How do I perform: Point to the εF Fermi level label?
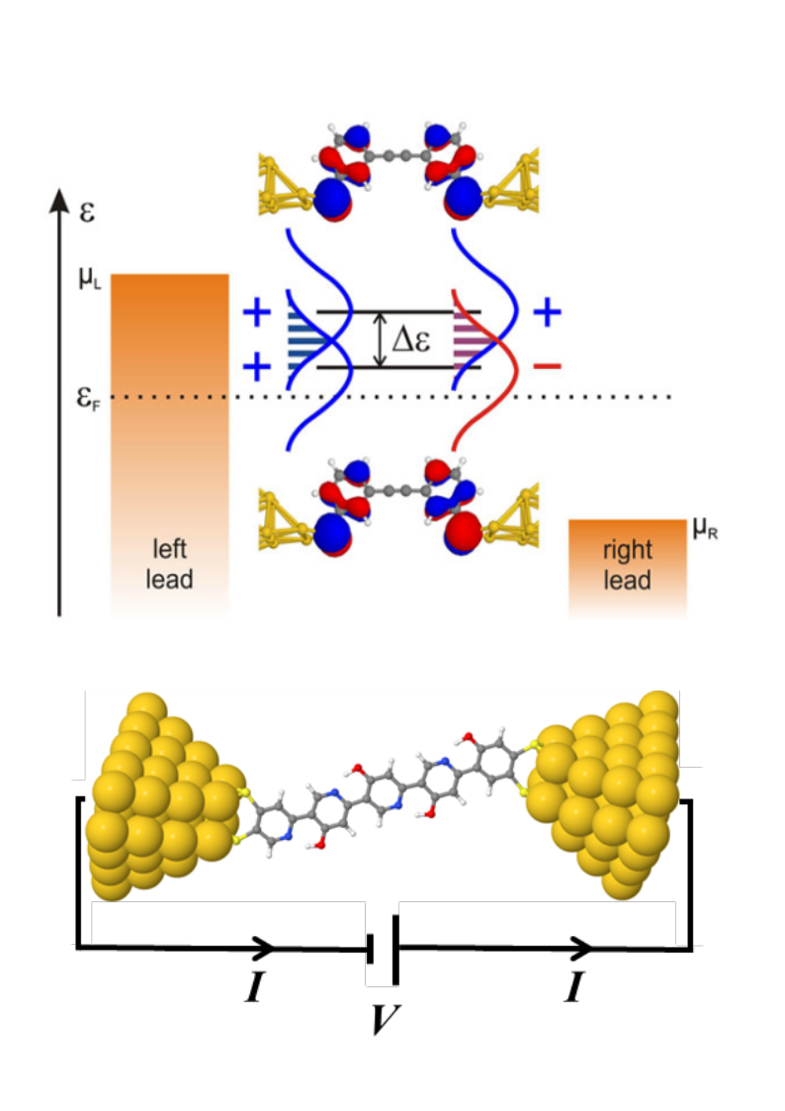92,398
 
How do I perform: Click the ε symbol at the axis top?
86,211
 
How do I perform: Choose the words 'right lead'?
628,564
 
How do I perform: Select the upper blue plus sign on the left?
256,314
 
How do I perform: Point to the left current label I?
254,987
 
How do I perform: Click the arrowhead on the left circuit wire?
265,948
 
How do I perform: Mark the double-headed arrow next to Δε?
379,340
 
